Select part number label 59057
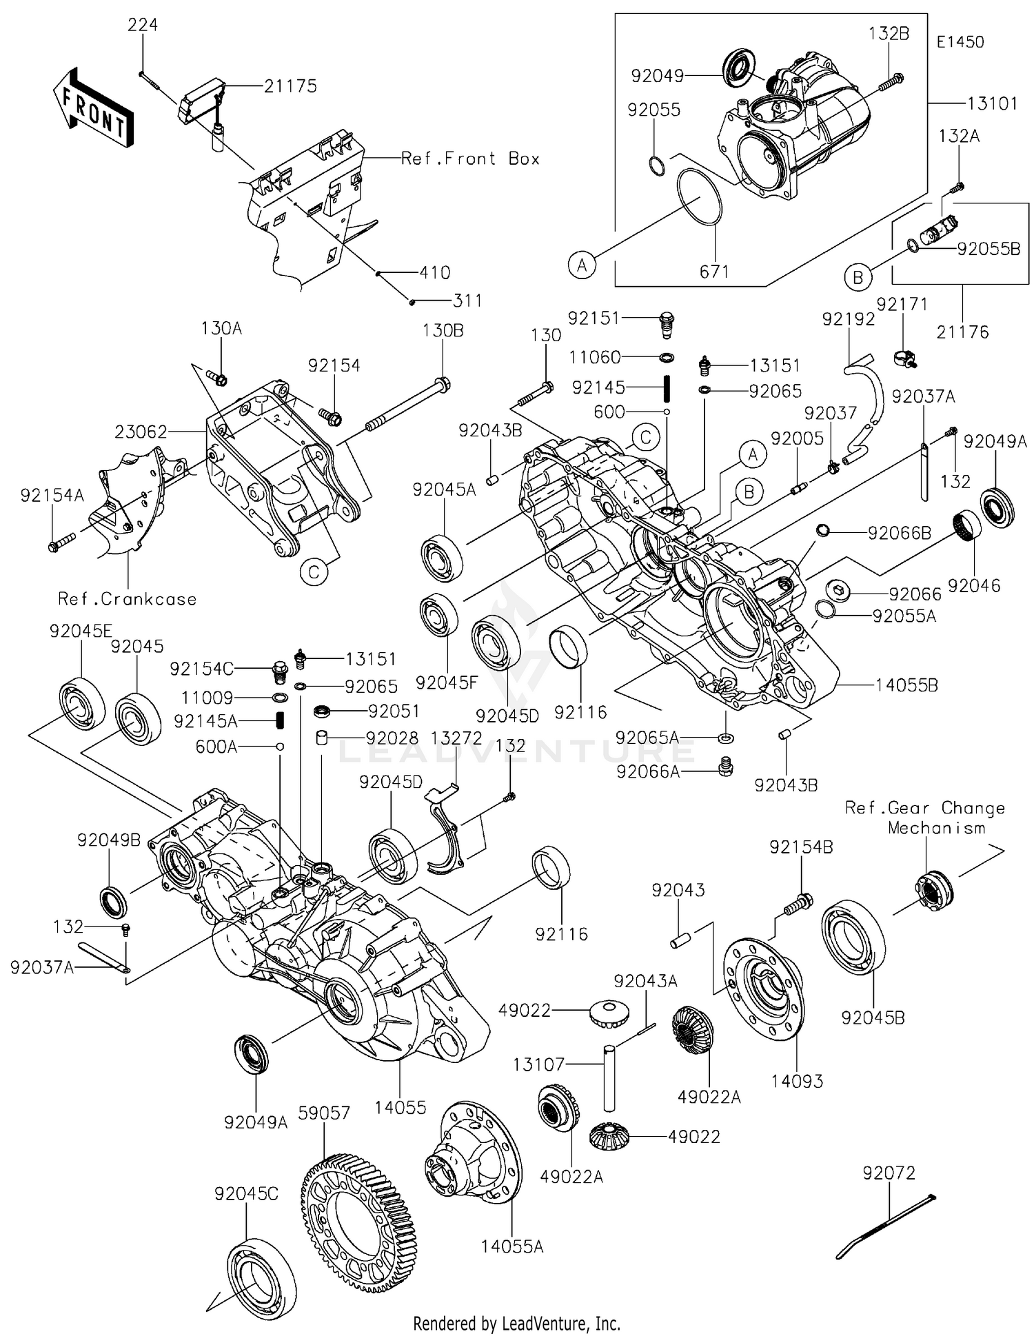click(x=324, y=1113)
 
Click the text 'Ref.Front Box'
click(x=470, y=159)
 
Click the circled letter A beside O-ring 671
click(x=582, y=264)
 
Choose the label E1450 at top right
click(x=960, y=41)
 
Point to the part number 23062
click(x=141, y=432)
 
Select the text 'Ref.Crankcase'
click(x=127, y=598)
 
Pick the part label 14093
click(x=797, y=1081)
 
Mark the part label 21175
click(x=290, y=86)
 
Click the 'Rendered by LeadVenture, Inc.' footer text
click(x=516, y=1323)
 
